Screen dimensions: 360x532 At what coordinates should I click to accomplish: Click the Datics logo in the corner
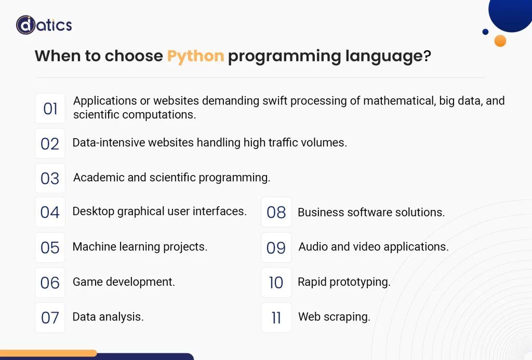[x=44, y=25]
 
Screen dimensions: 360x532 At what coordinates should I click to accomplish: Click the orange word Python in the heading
[x=195, y=56]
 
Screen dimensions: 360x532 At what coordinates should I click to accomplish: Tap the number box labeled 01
[x=50, y=109]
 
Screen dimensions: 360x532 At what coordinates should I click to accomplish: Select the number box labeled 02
[x=50, y=143]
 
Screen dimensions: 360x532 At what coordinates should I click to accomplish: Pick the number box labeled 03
[x=50, y=178]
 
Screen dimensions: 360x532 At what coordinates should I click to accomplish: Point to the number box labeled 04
[x=50, y=212]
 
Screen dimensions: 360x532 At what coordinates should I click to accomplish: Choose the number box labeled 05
[x=50, y=247]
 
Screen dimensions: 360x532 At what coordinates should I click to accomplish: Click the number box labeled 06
[x=50, y=283]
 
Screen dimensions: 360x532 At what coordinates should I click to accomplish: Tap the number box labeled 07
[x=50, y=317]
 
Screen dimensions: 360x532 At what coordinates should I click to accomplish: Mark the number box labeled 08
[x=276, y=212]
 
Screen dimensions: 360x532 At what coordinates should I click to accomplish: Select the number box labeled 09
[x=276, y=247]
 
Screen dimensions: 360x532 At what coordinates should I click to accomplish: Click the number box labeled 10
[x=276, y=283]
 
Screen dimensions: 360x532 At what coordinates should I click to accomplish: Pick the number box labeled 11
[x=276, y=317]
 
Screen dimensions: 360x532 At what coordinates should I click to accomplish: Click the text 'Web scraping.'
[x=334, y=317]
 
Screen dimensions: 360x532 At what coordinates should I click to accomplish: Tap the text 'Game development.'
[x=124, y=282]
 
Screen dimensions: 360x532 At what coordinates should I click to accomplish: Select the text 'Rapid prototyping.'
[x=344, y=282]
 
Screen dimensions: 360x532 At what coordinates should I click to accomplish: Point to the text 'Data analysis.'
[x=108, y=317]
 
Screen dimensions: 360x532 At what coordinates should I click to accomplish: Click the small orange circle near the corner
[x=500, y=41]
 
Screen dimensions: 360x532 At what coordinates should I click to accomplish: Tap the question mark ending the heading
[x=427, y=56]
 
